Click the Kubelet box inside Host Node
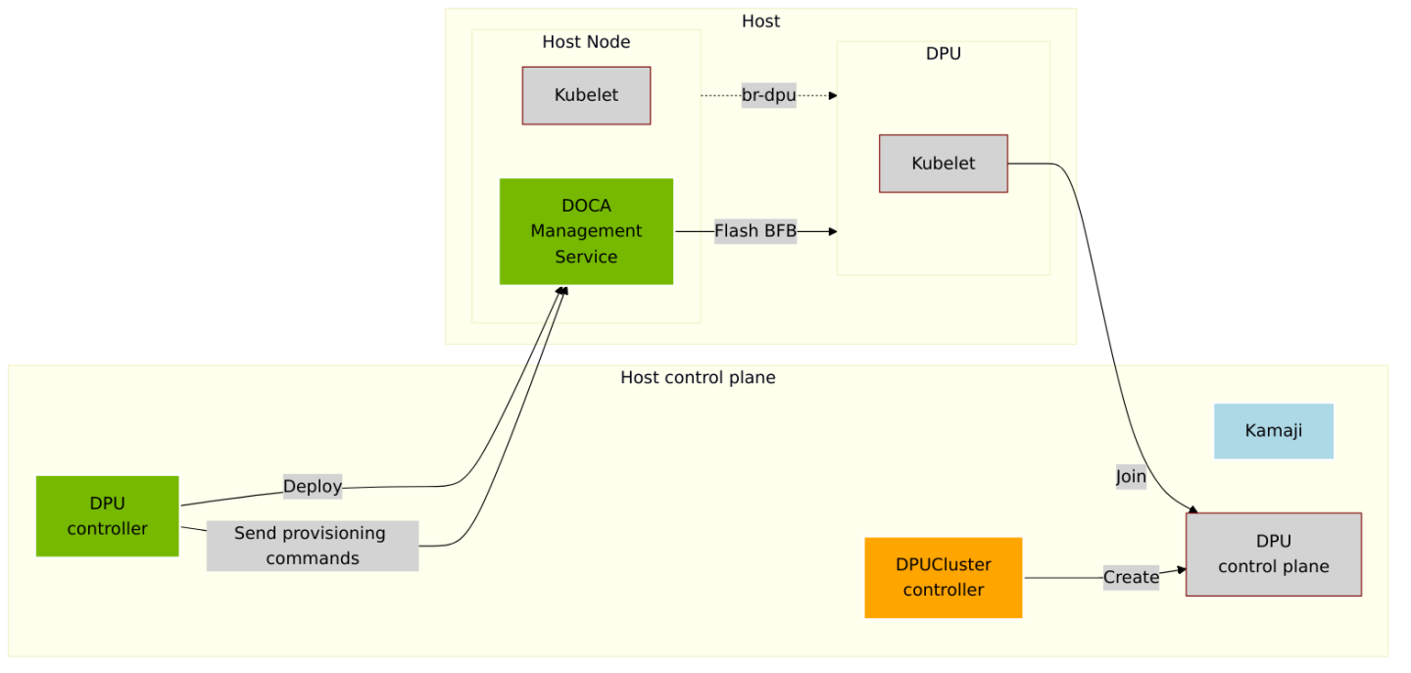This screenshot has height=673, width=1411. tap(586, 95)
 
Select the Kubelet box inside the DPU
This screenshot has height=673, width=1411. tap(943, 164)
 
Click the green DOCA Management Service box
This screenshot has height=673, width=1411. tap(586, 231)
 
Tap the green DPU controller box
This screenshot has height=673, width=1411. tap(107, 516)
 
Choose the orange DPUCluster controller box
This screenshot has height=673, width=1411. tap(943, 577)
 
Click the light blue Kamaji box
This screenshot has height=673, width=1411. tap(1273, 431)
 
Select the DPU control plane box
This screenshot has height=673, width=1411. tap(1273, 553)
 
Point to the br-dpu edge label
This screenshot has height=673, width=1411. tap(768, 95)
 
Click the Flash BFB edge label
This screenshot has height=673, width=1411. tap(754, 231)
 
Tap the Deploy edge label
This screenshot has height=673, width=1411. tap(312, 486)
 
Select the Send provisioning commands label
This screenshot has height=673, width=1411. tap(312, 546)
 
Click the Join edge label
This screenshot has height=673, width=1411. tap(1131, 477)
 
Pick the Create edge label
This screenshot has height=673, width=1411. tap(1131, 577)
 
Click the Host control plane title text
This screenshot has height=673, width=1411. tap(698, 377)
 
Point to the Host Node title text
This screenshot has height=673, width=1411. tap(586, 42)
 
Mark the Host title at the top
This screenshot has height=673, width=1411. tap(760, 22)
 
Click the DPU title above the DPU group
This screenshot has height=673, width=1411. tap(943, 54)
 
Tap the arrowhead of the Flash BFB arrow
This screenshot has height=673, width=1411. tap(832, 231)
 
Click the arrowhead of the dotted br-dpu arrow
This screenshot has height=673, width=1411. tap(832, 95)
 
